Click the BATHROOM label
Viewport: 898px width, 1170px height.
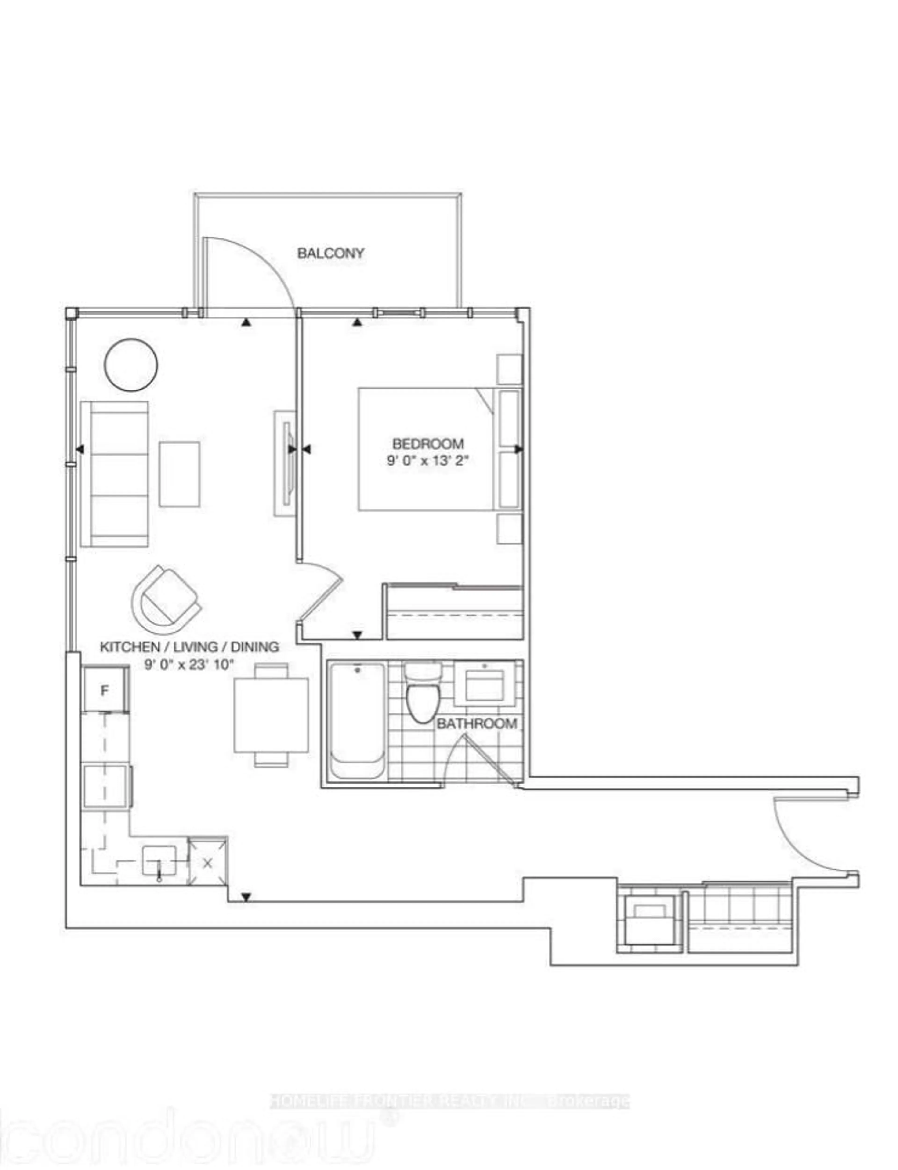[x=477, y=724]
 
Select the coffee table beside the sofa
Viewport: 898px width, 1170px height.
[x=180, y=474]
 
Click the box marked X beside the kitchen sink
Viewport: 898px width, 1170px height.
[x=208, y=863]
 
